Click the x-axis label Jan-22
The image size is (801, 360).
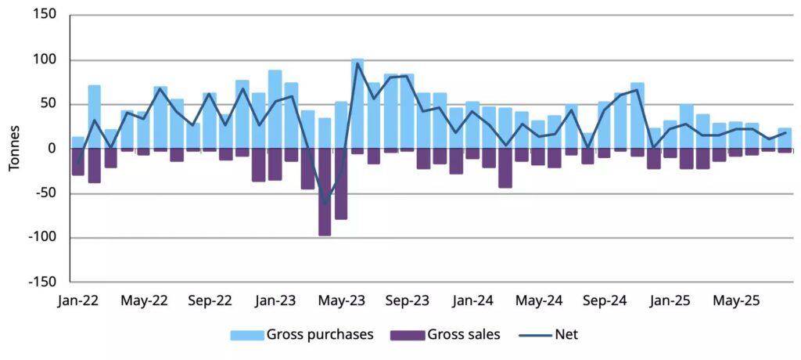coord(78,301)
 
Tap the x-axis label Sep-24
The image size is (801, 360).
coord(605,301)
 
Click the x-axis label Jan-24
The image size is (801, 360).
coord(473,301)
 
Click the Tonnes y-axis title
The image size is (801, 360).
coord(14,149)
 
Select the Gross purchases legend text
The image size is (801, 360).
coord(320,335)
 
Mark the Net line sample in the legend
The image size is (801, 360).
coord(536,335)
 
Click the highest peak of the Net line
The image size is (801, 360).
coord(357,63)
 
